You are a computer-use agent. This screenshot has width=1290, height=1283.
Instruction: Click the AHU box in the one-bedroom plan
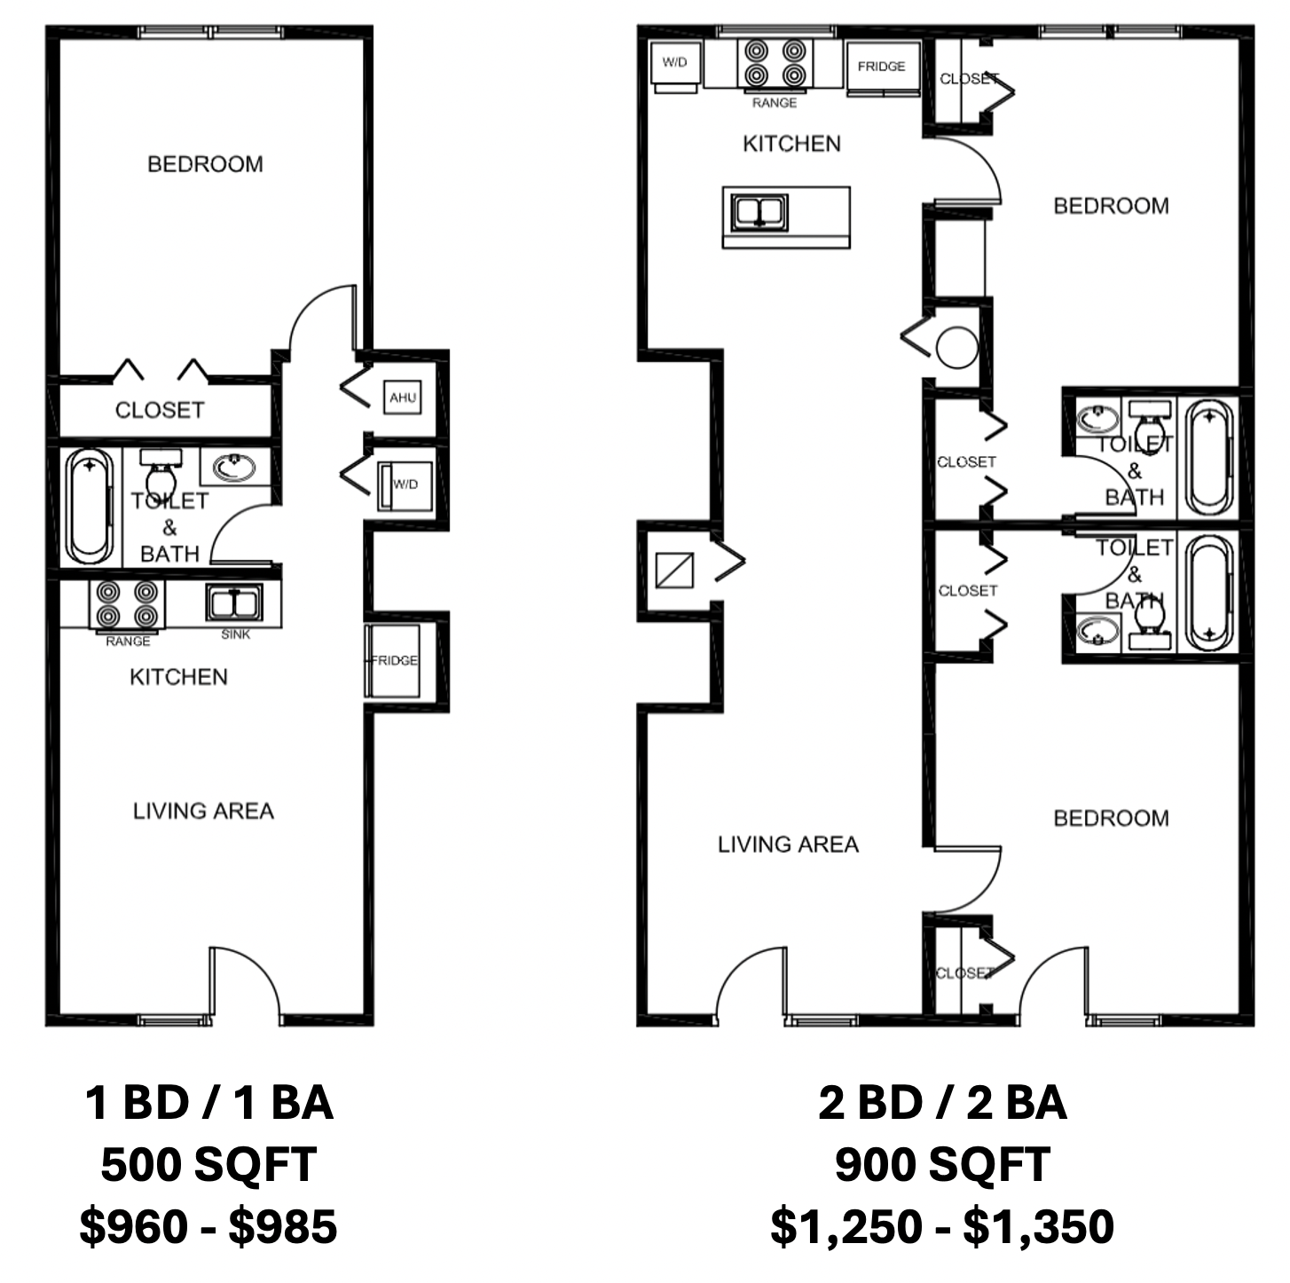[402, 397]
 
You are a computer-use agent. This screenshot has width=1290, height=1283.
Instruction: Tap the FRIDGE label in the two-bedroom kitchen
[881, 67]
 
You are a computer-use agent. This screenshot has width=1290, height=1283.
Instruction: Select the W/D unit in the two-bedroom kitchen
[675, 67]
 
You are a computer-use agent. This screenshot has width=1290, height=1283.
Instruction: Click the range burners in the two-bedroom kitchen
[775, 63]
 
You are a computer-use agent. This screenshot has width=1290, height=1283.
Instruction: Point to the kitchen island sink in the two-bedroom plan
[759, 212]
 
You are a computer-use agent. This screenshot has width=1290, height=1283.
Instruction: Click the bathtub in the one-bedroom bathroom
[91, 506]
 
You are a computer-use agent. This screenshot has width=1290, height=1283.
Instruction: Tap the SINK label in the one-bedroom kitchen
[236, 634]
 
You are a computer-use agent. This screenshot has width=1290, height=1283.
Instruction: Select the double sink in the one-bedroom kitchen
[233, 602]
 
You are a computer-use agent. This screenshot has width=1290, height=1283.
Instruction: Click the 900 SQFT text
[942, 1164]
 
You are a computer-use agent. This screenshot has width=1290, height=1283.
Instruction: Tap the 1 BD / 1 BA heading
[208, 1103]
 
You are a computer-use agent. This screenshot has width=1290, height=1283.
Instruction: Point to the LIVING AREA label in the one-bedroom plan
[203, 811]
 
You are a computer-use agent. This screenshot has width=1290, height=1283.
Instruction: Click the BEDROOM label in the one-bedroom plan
[206, 164]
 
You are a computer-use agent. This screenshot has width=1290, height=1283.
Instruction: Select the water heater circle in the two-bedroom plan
[957, 348]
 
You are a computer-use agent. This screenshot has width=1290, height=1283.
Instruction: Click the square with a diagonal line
[674, 570]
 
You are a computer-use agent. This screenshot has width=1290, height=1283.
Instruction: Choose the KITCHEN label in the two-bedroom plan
[792, 144]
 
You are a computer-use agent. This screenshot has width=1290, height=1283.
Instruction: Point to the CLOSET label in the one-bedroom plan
[160, 410]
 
